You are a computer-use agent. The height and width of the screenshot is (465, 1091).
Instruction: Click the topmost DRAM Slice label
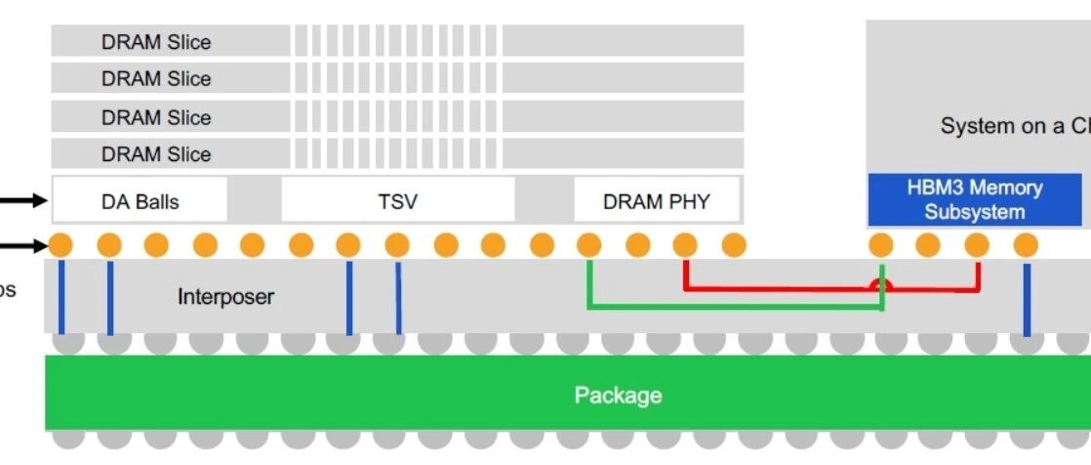tap(156, 42)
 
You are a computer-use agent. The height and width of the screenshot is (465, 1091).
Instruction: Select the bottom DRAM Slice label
tap(156, 153)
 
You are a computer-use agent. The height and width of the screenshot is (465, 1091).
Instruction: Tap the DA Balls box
tap(140, 201)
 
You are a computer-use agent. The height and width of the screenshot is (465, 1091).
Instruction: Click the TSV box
tap(397, 201)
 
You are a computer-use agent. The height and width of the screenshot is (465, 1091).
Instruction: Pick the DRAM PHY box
tap(656, 201)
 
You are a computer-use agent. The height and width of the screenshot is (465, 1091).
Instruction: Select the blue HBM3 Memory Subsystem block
tap(974, 199)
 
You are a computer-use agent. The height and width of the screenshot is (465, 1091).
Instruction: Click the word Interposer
tap(225, 296)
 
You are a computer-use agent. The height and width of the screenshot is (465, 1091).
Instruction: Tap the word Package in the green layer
tap(618, 395)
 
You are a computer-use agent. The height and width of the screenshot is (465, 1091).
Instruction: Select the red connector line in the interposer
tap(781, 288)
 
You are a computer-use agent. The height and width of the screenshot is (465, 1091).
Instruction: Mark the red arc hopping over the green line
tap(882, 284)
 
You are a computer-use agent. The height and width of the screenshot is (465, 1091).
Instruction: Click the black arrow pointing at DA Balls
tap(24, 201)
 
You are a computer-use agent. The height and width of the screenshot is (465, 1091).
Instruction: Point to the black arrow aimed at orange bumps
tap(24, 245)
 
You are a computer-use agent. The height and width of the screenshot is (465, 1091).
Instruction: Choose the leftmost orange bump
tap(61, 244)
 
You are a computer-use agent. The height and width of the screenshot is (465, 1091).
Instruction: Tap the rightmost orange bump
tap(1025, 244)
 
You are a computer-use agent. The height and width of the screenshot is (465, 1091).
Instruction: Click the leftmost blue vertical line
tap(61, 297)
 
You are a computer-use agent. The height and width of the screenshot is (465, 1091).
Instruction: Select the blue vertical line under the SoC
tap(1027, 298)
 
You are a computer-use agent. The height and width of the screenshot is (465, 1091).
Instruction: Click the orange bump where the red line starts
tap(685, 244)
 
